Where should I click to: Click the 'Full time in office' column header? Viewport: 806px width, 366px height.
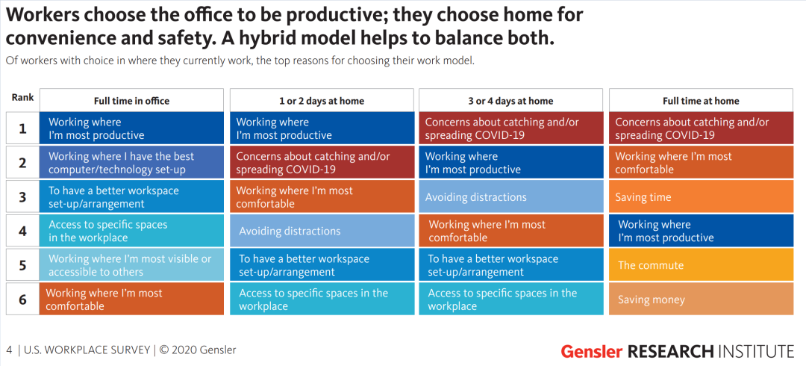click(131, 100)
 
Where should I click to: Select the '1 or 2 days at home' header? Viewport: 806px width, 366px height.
click(322, 100)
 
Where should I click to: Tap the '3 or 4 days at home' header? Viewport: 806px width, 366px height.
click(510, 100)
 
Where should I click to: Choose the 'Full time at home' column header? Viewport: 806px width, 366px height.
click(701, 100)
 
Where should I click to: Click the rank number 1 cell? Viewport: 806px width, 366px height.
click(22, 128)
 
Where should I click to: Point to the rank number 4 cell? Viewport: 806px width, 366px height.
click(22, 231)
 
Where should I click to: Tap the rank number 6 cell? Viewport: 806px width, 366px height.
click(22, 299)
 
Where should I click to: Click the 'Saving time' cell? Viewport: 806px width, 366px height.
click(701, 196)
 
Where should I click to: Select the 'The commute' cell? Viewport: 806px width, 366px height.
click(701, 265)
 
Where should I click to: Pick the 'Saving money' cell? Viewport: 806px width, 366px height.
click(701, 299)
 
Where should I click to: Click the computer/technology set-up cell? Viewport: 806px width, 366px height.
click(131, 162)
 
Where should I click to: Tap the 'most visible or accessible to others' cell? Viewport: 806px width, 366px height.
click(131, 265)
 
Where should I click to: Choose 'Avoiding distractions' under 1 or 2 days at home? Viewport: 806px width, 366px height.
click(322, 231)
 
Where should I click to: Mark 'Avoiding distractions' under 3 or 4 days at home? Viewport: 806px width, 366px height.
click(510, 196)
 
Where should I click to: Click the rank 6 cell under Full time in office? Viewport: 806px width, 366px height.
click(131, 299)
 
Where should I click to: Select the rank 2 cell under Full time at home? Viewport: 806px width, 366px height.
click(701, 162)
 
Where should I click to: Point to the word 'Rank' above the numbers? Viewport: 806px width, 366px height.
click(22, 97)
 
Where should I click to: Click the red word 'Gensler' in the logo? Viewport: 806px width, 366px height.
click(592, 351)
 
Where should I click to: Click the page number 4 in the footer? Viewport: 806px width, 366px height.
click(9, 350)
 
